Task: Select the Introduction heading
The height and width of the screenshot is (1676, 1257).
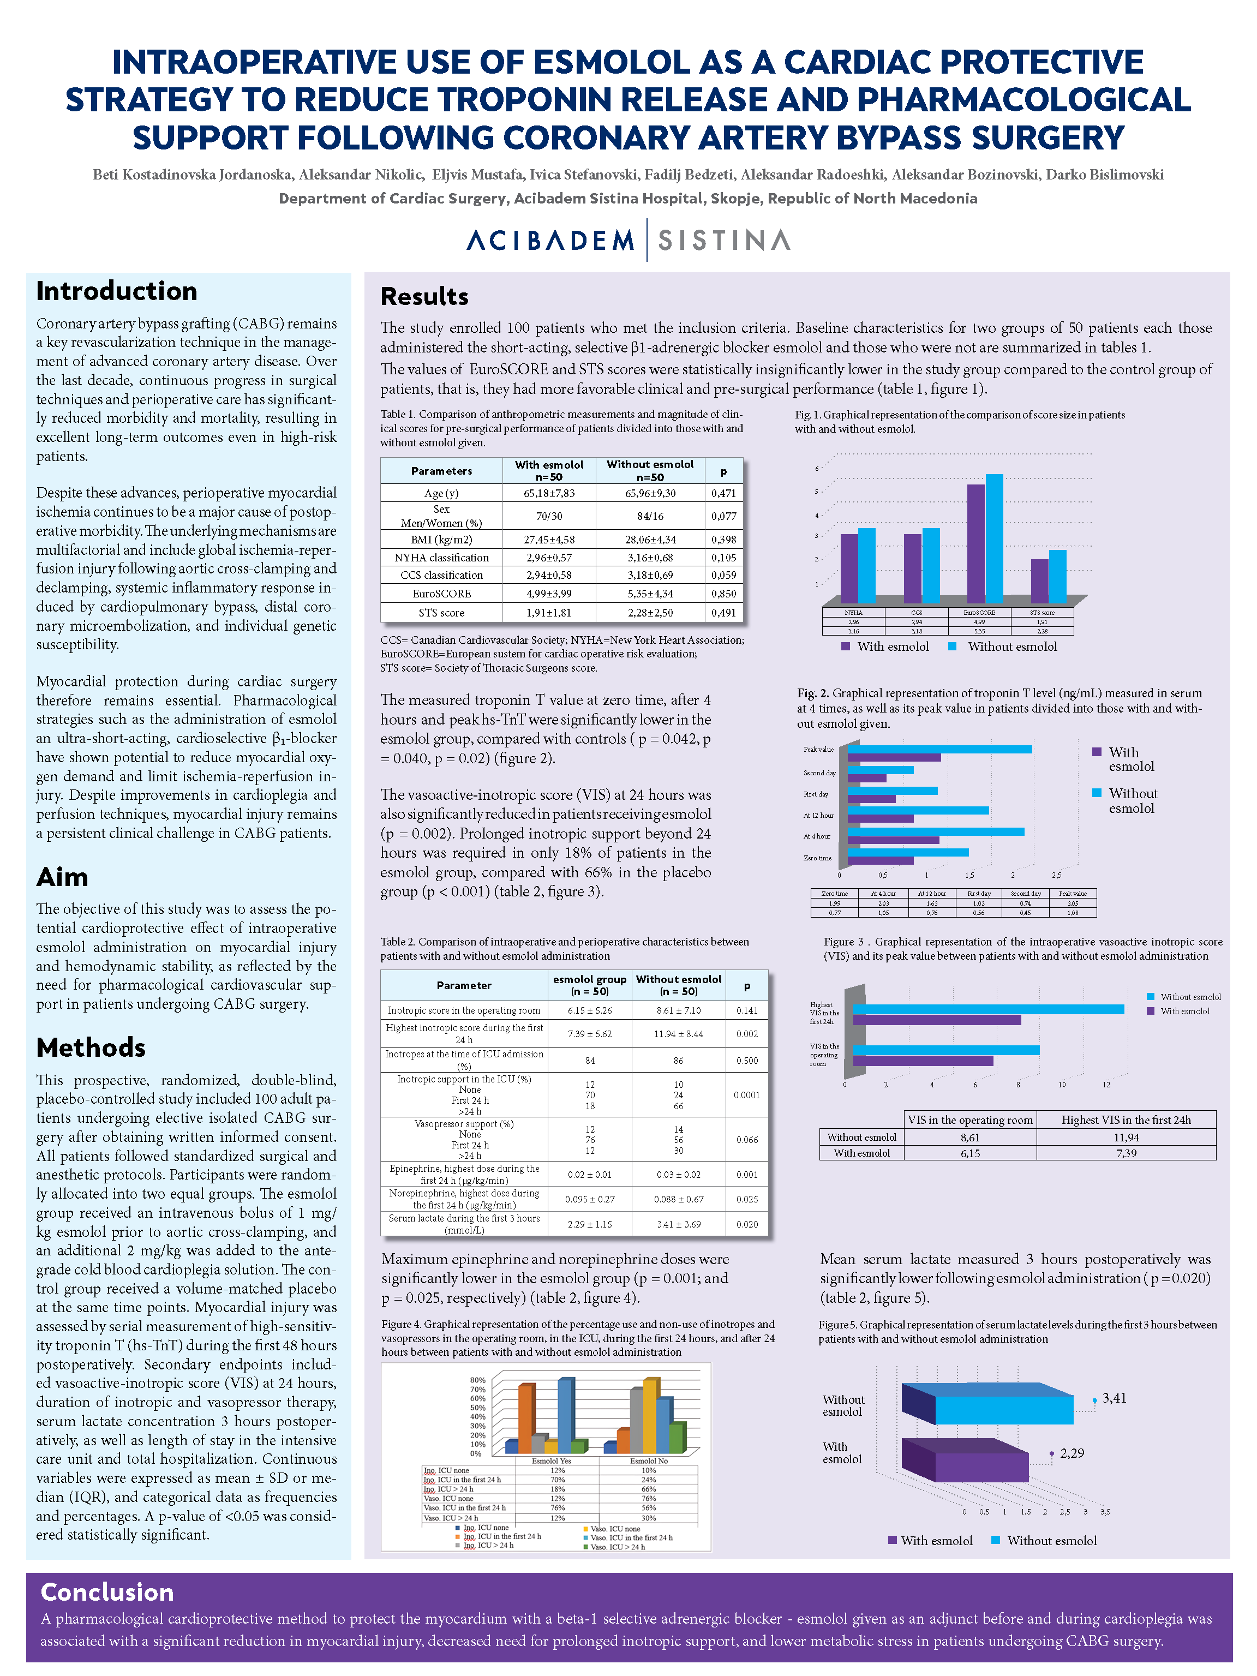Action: click(x=117, y=291)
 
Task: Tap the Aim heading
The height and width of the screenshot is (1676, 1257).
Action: click(x=62, y=877)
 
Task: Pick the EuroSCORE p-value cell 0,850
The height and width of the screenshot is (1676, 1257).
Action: click(x=723, y=593)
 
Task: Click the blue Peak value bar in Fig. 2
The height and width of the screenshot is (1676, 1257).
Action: click(x=939, y=750)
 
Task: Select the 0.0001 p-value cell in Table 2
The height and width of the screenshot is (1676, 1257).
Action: click(x=746, y=1095)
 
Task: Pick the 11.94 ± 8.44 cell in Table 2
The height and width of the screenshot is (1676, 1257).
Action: click(x=678, y=1033)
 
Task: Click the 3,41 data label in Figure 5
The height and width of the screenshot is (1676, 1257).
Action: click(x=1114, y=1398)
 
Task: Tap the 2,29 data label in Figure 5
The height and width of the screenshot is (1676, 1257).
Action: click(x=1072, y=1453)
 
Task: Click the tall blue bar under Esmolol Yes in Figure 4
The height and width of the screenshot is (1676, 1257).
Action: click(x=565, y=1415)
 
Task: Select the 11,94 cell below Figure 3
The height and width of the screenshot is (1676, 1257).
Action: click(x=1126, y=1138)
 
